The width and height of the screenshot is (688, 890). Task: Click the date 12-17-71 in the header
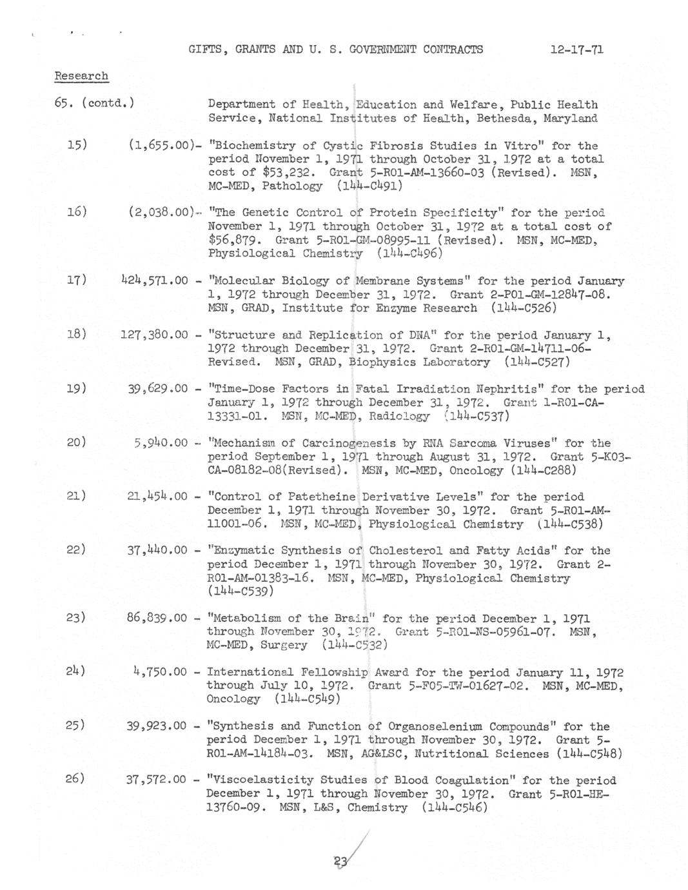pyautogui.click(x=576, y=50)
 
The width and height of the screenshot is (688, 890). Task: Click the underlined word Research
pyautogui.click(x=81, y=76)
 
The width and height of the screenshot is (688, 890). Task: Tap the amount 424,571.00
pyautogui.click(x=154, y=281)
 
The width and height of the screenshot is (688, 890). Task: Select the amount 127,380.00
pyautogui.click(x=154, y=335)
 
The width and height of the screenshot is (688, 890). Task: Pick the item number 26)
pyautogui.click(x=75, y=778)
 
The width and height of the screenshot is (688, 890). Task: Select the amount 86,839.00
pyautogui.click(x=157, y=618)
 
